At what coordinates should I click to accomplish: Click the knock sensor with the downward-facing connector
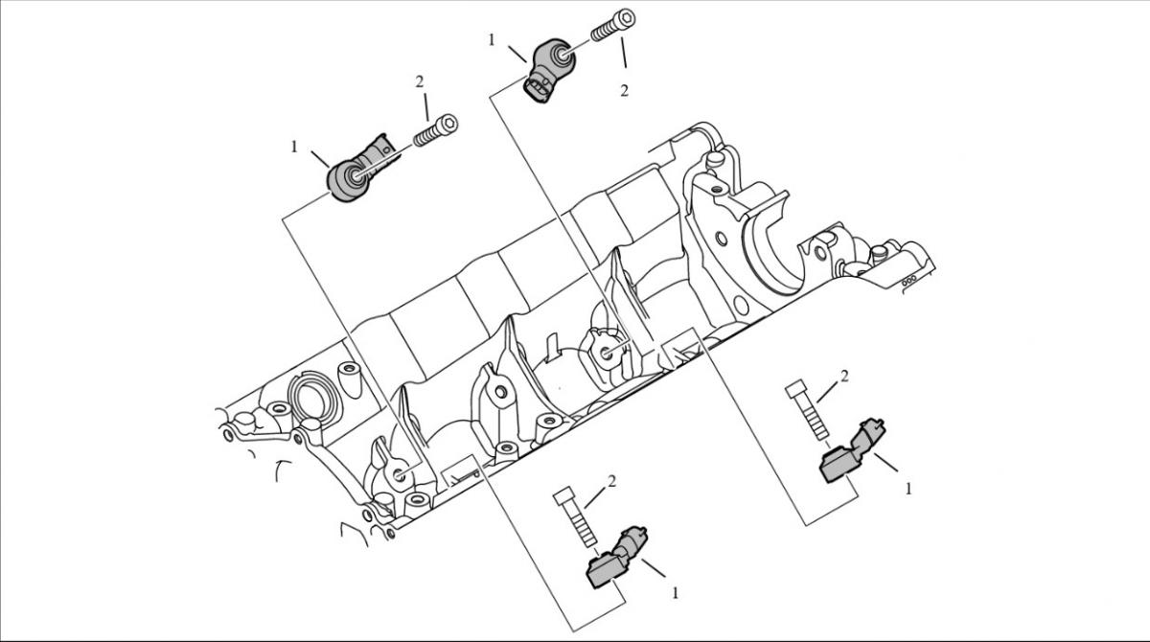[547, 70]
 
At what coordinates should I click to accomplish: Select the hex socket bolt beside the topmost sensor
[613, 25]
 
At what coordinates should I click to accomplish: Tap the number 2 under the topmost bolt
[624, 91]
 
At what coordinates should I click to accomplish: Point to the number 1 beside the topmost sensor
[492, 40]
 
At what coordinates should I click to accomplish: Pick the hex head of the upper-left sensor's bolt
[448, 124]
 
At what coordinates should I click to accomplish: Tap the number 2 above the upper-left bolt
[420, 81]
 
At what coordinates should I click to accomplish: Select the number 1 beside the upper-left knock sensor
[294, 148]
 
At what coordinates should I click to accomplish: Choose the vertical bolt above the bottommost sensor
[576, 516]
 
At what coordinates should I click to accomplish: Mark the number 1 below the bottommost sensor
[676, 593]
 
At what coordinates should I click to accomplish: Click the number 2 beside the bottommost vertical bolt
[611, 481]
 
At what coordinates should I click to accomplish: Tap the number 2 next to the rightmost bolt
[844, 377]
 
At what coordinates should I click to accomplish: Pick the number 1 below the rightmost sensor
[908, 489]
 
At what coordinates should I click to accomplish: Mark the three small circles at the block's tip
[908, 281]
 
